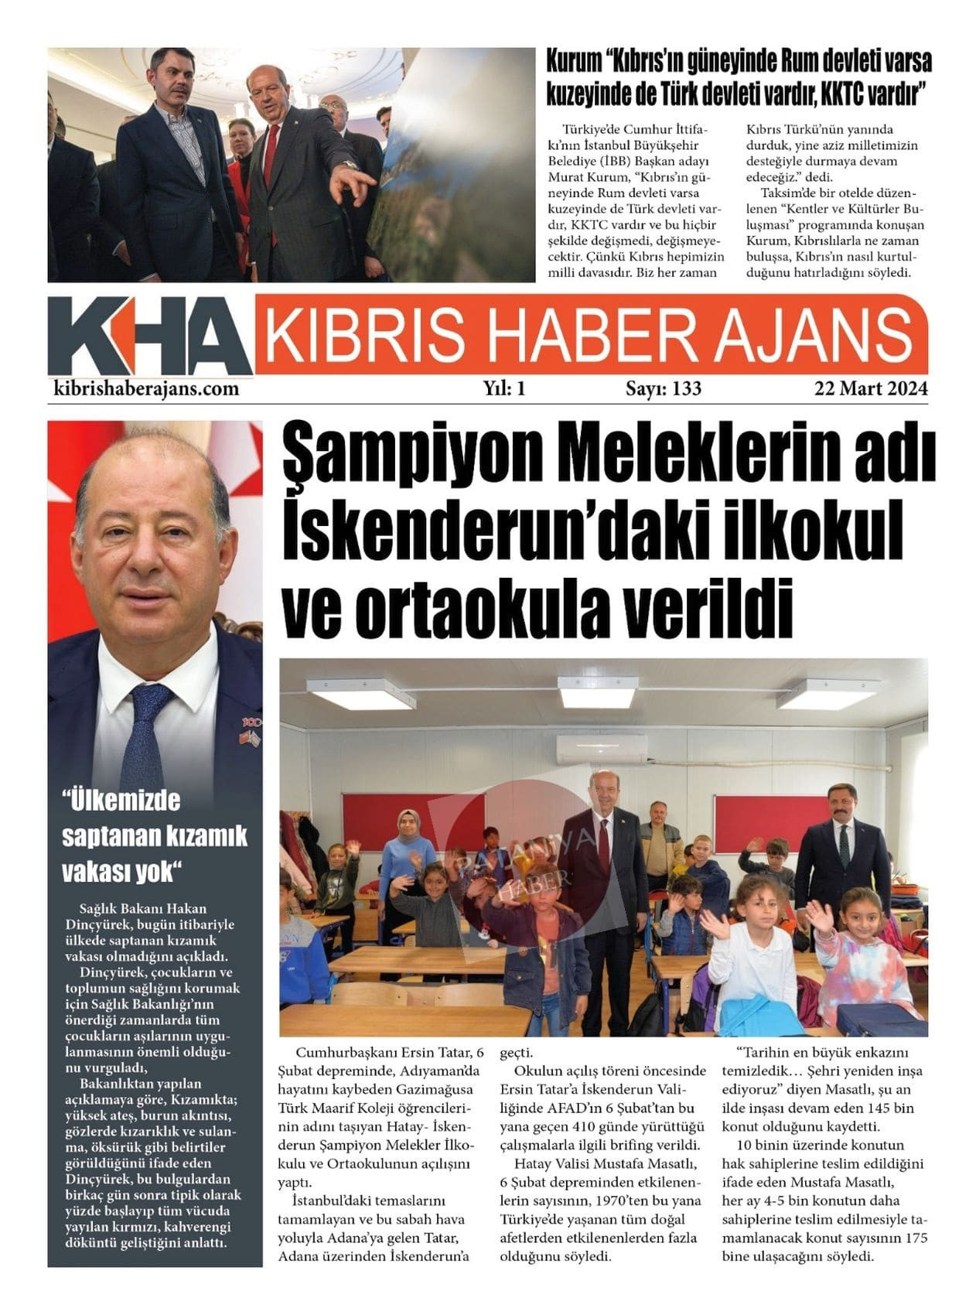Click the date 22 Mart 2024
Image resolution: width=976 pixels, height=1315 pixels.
[870, 388]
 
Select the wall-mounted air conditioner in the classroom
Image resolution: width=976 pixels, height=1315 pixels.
[599, 746]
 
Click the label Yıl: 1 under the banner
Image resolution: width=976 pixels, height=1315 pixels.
[504, 388]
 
